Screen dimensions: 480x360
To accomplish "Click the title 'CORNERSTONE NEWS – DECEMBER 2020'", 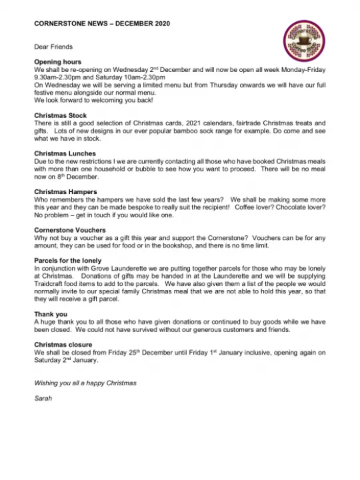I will (x=102, y=23).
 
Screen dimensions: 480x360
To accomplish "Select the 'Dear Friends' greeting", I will (x=53, y=47).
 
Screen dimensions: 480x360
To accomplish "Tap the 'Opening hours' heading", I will (x=57, y=61).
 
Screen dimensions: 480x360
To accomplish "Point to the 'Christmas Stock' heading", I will (x=60, y=115).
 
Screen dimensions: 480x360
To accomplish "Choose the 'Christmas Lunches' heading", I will (x=65, y=153).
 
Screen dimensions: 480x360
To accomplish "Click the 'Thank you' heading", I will (x=51, y=313).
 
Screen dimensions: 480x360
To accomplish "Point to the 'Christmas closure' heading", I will (x=63, y=344).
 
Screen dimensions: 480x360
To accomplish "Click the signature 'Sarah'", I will (x=43, y=398).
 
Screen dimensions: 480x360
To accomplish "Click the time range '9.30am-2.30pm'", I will (x=56, y=77).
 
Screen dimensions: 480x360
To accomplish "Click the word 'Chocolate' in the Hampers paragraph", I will (x=281, y=207).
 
